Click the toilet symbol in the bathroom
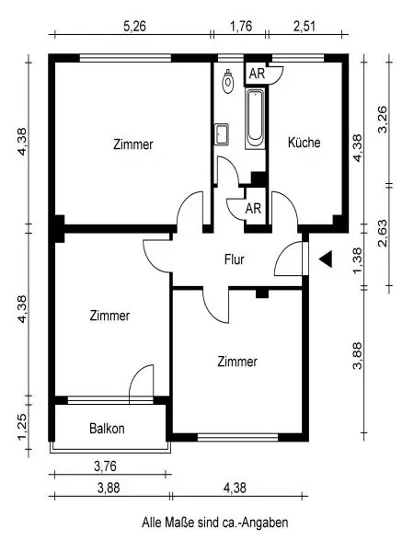coord(228,81)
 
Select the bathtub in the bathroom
coord(255,119)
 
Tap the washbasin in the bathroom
coord(222,134)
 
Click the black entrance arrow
coord(326,259)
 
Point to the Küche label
coord(305,143)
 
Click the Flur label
coord(235,259)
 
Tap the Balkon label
coord(107,429)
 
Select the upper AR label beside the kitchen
coord(257,74)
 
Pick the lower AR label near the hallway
coord(254,209)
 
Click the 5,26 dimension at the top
coord(134,27)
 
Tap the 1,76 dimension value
coord(241,27)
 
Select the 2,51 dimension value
coord(305,27)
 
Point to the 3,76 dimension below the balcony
coord(105,466)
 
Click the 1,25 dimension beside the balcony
coord(22,427)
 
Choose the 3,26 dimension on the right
coord(383,120)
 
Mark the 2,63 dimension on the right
coord(383,234)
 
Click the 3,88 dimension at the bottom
coord(109,489)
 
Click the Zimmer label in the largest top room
coord(133,144)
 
